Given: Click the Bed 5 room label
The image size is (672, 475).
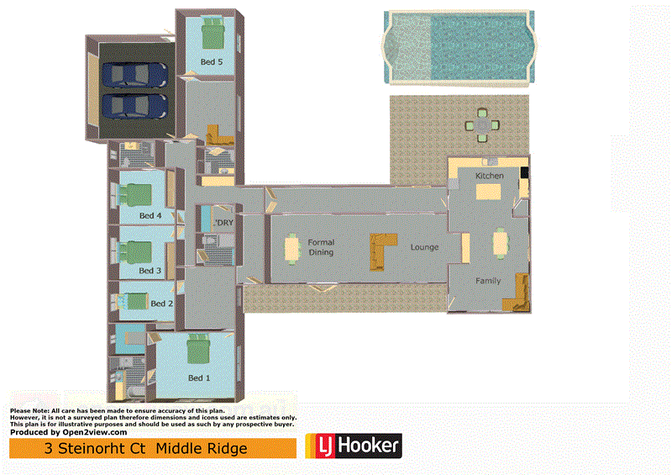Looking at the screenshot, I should pyautogui.click(x=211, y=62).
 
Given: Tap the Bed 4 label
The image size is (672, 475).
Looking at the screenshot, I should pyautogui.click(x=150, y=216).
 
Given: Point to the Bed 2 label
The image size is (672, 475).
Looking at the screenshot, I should pyautogui.click(x=161, y=303).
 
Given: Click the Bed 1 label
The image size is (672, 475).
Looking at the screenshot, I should pyautogui.click(x=199, y=377).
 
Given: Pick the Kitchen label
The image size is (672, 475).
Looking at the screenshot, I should pyautogui.click(x=490, y=176).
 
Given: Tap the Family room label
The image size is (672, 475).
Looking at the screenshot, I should pyautogui.click(x=488, y=281).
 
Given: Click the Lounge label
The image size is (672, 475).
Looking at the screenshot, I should pyautogui.click(x=424, y=248).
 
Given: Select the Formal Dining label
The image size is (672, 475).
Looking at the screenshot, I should pyautogui.click(x=321, y=247).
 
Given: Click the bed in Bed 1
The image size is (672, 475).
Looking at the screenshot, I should pyautogui.click(x=198, y=348).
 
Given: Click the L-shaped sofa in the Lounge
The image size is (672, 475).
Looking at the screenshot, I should pyautogui.click(x=382, y=250).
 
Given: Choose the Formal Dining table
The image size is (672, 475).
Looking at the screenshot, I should pyautogui.click(x=292, y=247).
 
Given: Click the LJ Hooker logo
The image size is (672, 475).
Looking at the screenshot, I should pyautogui.click(x=353, y=446).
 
